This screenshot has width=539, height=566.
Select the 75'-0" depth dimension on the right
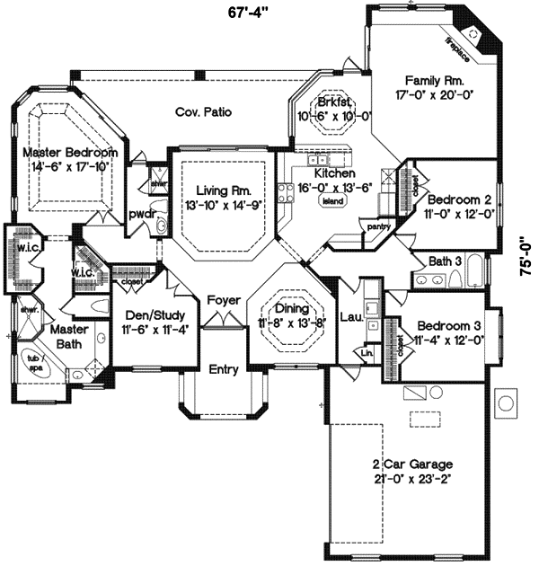click(526, 259)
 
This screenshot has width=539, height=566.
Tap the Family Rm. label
click(434, 79)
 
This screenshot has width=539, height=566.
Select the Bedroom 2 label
click(458, 199)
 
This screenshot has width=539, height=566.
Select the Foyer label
click(223, 299)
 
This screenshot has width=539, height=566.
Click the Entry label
click(223, 369)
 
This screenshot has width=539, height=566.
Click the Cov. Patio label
click(204, 113)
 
